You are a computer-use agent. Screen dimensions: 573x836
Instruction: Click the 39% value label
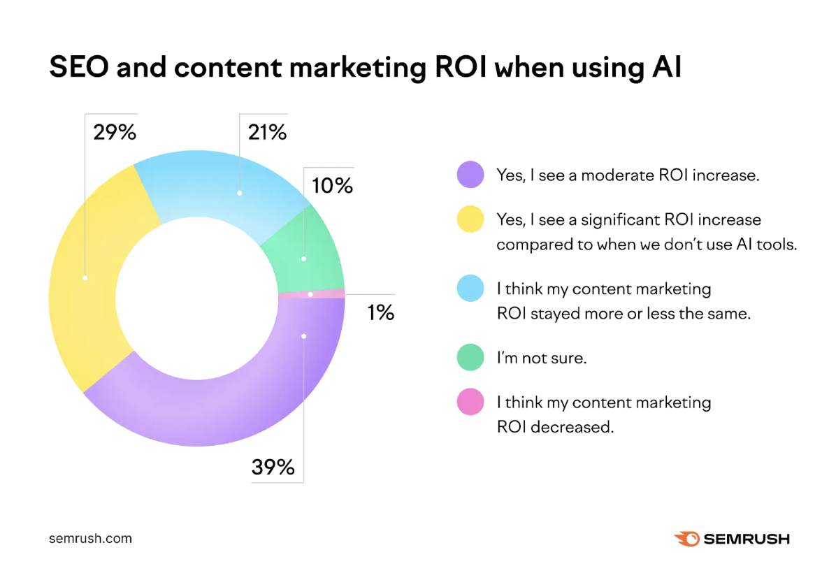pos(273,467)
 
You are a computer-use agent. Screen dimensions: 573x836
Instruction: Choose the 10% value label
pos(332,186)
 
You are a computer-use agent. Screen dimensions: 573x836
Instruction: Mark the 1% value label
pos(380,312)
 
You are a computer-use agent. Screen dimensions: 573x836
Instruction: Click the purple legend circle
pos(470,175)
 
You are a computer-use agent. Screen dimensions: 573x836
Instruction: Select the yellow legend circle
pos(470,219)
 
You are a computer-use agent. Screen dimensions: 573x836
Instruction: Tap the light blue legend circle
pos(470,288)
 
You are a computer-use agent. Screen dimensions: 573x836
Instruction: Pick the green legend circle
pos(470,357)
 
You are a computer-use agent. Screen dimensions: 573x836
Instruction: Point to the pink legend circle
pos(470,402)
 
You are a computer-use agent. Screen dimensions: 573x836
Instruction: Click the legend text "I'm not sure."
pos(540,358)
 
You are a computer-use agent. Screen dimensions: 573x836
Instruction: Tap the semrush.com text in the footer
pos(90,539)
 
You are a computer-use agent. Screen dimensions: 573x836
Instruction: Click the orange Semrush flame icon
pos(686,539)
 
